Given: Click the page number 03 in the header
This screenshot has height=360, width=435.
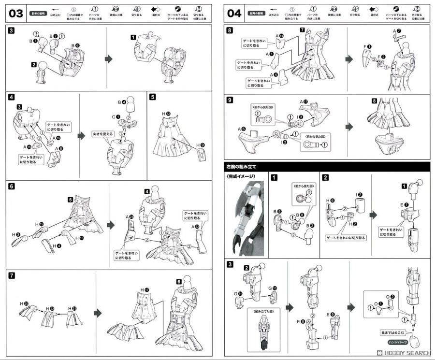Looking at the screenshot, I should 16,13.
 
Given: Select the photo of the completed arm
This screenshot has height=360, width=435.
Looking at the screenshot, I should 246,216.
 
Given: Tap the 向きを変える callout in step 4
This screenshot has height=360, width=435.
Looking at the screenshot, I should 103,133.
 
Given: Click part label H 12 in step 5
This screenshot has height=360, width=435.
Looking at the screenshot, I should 167,113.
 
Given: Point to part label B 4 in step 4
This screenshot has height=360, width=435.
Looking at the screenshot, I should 122,102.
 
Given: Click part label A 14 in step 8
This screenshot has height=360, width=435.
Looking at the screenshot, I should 281,36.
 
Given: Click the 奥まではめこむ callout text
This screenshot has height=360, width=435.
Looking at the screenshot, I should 392,333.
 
